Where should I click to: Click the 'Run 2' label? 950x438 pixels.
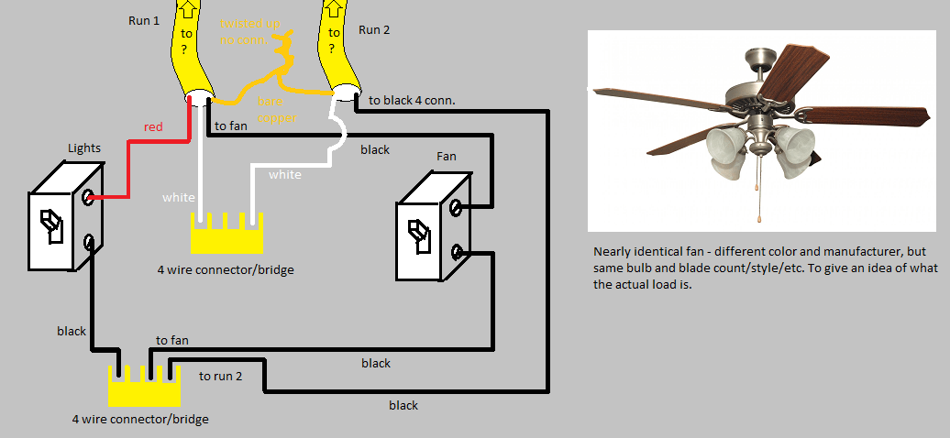[373, 30]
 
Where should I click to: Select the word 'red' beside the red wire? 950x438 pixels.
[153, 127]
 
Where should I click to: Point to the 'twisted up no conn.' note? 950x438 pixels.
[249, 34]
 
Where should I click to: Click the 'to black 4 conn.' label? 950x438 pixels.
[411, 99]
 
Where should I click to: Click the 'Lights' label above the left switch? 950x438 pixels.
[85, 148]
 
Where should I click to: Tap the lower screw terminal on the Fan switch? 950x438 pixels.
[458, 250]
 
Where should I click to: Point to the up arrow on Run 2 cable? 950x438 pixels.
[333, 10]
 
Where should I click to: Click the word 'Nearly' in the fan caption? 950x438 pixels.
[613, 252]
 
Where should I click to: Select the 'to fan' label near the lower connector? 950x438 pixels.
[172, 341]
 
